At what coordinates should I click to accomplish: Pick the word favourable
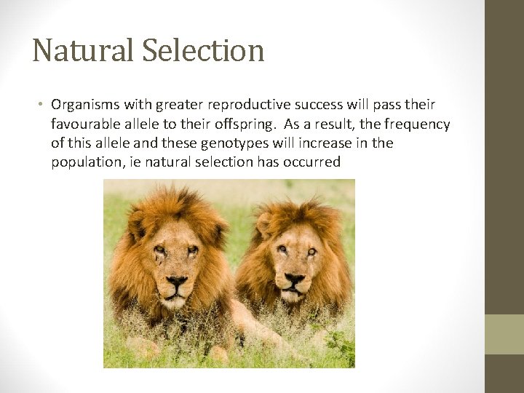(x=85, y=124)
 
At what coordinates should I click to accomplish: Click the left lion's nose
(x=177, y=281)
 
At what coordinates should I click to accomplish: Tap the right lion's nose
(x=295, y=279)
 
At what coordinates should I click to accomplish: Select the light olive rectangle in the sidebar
(x=504, y=334)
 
